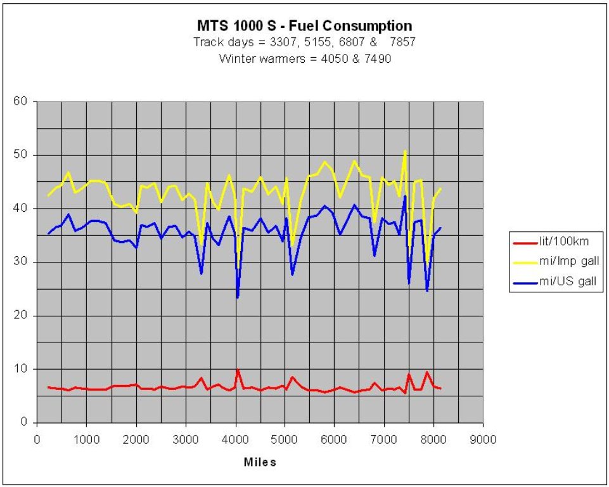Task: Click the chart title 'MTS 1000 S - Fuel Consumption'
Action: [304, 26]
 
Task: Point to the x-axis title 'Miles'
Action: [260, 462]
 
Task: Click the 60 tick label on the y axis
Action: [22, 101]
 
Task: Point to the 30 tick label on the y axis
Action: [22, 262]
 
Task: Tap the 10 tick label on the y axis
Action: [22, 369]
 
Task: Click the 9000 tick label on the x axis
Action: [483, 439]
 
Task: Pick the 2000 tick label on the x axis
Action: [136, 439]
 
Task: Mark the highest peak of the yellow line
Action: [405, 151]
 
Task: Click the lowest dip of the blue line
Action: [238, 297]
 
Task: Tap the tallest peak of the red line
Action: [238, 369]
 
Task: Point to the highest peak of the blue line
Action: [405, 196]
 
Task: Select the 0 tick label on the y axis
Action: [24, 422]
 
